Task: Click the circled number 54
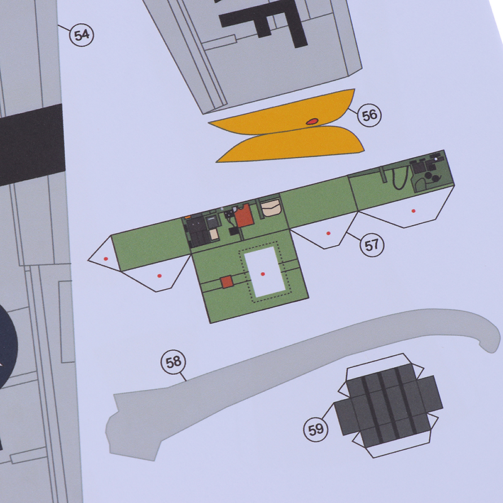[x=82, y=35]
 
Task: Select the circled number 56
[x=369, y=115]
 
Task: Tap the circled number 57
[x=372, y=245]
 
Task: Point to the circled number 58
[x=174, y=362]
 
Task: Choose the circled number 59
[x=316, y=429]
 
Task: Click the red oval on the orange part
[x=312, y=121]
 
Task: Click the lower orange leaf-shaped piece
[x=290, y=144]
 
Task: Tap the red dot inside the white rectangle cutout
[x=263, y=274]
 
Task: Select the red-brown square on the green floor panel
[x=227, y=282]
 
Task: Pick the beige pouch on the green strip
[x=271, y=207]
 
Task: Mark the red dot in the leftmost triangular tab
[x=106, y=258]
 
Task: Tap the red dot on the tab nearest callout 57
[x=328, y=233]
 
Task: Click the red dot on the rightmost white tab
[x=414, y=211]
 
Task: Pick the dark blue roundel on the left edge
[x=7, y=346]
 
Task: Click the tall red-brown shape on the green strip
[x=245, y=215]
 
